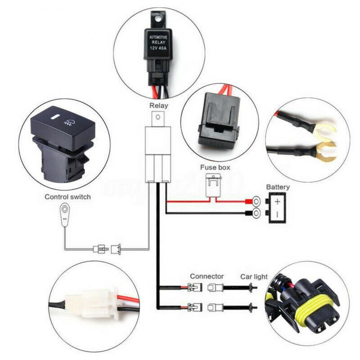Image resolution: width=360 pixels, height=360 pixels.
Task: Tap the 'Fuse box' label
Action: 215,167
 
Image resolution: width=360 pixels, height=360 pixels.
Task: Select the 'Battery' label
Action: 278,187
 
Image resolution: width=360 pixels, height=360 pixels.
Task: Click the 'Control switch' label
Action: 67,197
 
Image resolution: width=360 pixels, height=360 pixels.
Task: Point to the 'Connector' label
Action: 207,276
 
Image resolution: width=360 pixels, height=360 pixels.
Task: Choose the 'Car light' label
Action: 254,276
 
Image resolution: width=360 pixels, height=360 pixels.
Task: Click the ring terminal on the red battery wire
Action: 256,201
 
